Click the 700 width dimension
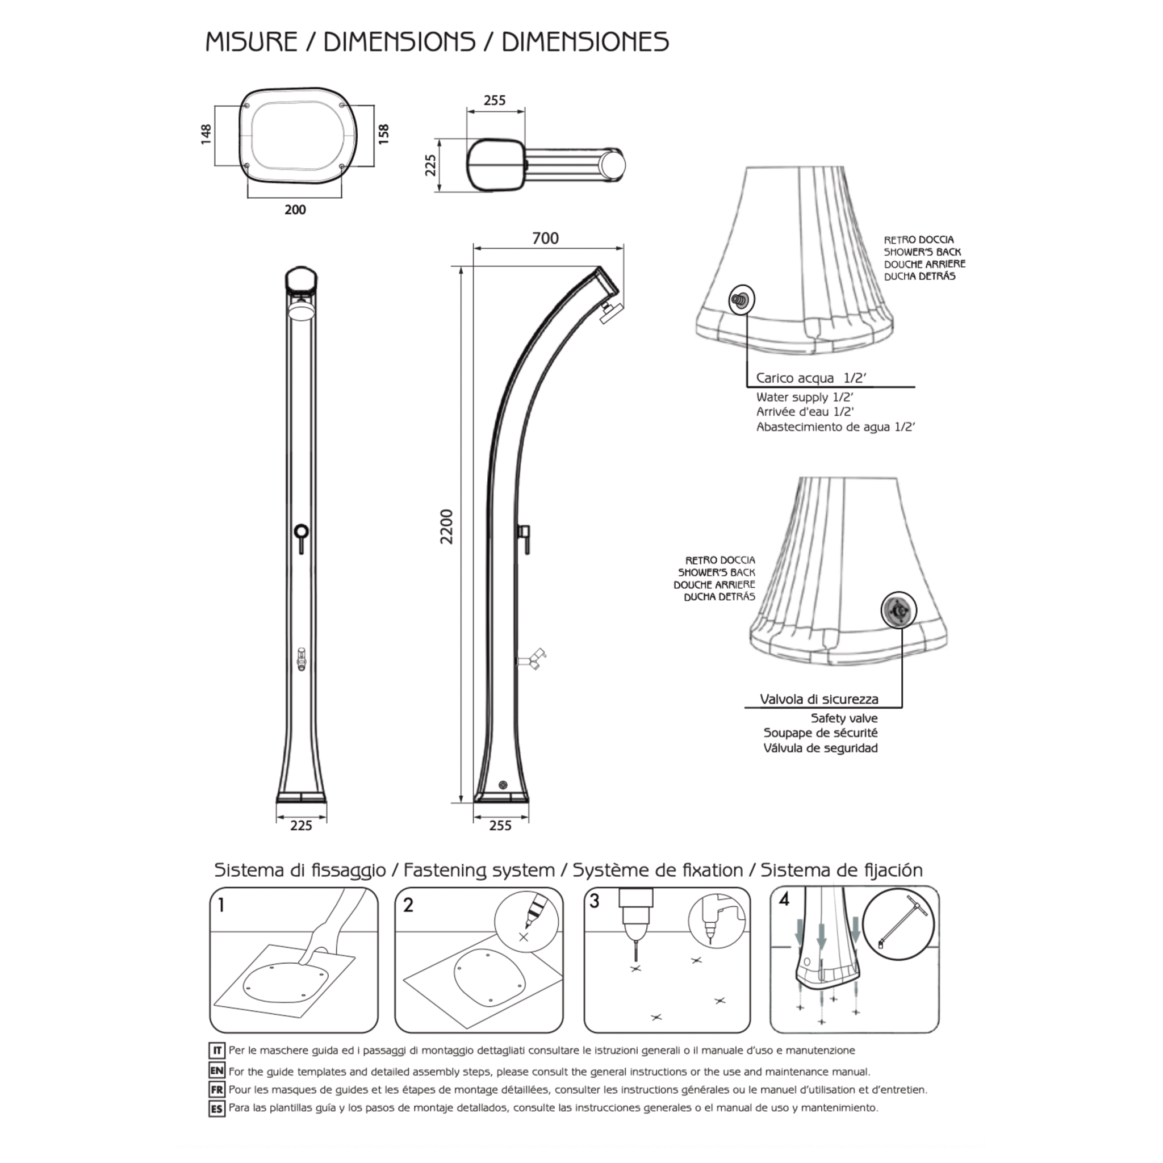pyautogui.click(x=545, y=239)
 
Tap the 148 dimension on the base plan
pyautogui.click(x=207, y=134)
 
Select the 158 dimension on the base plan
pyautogui.click(x=383, y=133)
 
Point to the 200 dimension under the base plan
pyautogui.click(x=295, y=210)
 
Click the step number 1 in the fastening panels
pyautogui.click(x=221, y=905)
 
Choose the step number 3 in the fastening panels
pyautogui.click(x=595, y=901)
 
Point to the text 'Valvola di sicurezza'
pyautogui.click(x=819, y=699)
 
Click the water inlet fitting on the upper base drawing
pyautogui.click(x=741, y=299)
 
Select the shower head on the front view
pyautogui.click(x=301, y=311)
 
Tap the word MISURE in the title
pyautogui.click(x=252, y=42)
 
